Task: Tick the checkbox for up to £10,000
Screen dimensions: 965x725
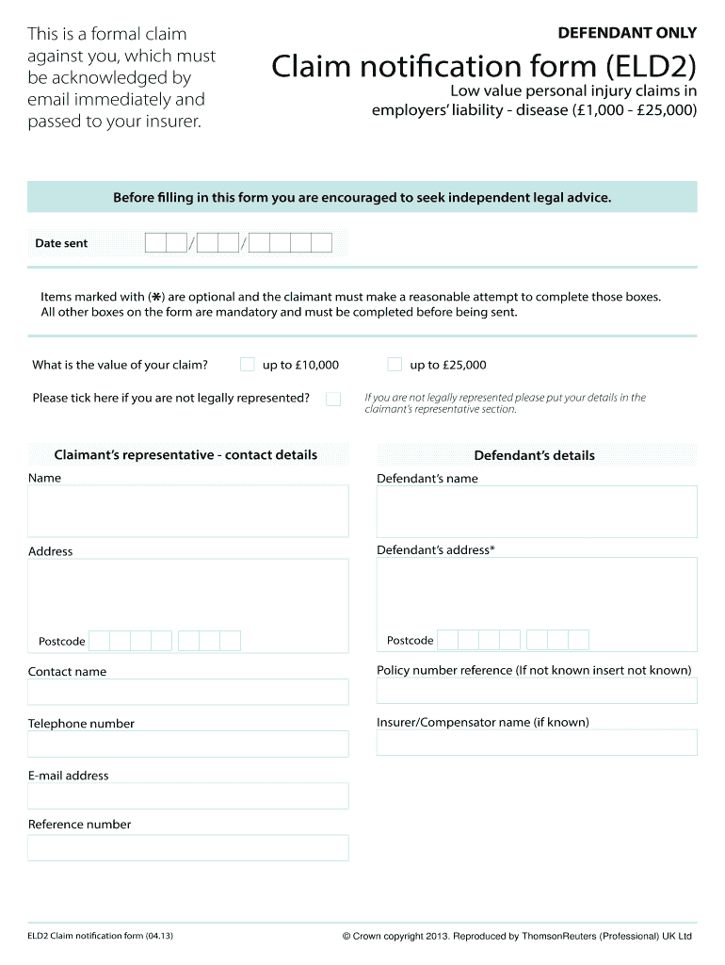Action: click(247, 365)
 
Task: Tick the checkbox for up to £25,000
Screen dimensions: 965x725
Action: click(395, 365)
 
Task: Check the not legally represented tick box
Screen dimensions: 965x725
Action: click(333, 399)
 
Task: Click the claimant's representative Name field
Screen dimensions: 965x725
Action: click(188, 512)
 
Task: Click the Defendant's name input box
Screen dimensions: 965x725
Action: click(537, 512)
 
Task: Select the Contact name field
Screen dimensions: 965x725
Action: click(188, 692)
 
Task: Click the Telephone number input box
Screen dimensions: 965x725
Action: click(188, 744)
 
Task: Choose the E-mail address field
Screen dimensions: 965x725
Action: click(188, 795)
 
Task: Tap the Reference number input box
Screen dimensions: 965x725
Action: click(188, 847)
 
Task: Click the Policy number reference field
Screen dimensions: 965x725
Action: click(537, 691)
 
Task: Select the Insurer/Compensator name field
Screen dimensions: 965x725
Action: click(537, 743)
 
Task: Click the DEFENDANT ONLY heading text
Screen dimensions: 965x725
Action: click(627, 33)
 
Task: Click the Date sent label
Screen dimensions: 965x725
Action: click(61, 243)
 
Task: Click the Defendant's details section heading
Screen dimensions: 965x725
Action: click(534, 455)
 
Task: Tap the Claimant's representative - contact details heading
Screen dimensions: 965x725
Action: click(185, 455)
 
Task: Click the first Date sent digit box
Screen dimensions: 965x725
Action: click(155, 243)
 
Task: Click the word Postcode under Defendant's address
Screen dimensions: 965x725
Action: click(411, 641)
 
